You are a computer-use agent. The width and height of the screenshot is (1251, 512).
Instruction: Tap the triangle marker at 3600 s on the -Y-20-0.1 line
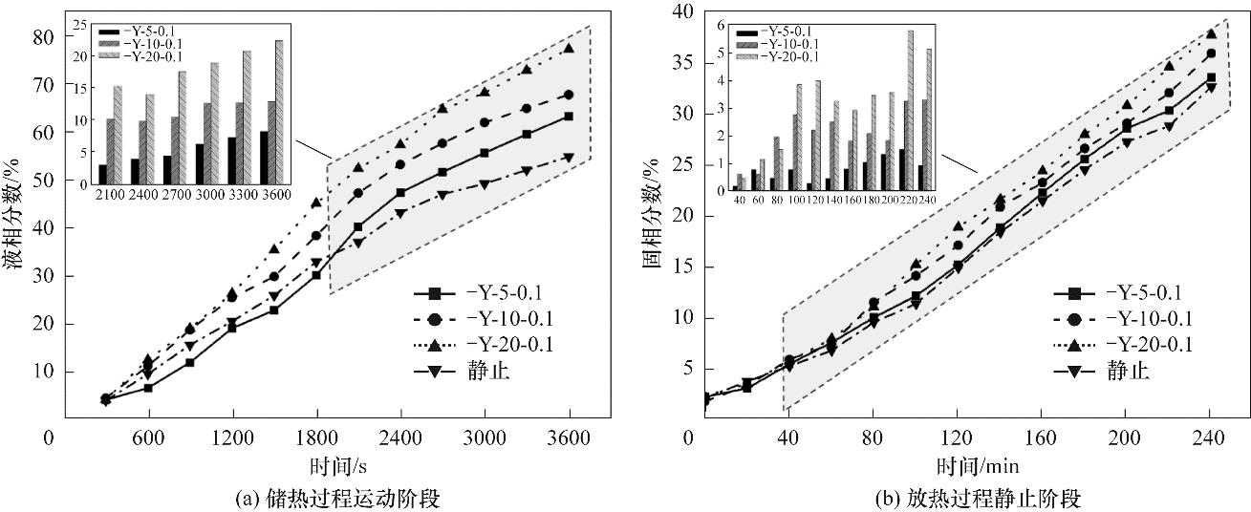pyautogui.click(x=569, y=49)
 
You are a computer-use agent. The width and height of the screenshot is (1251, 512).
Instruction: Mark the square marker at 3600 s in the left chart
pyautogui.click(x=569, y=117)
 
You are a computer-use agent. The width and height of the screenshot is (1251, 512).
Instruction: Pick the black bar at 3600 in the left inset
pyautogui.click(x=264, y=157)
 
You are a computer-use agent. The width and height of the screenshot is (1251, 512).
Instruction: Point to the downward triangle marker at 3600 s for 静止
pyautogui.click(x=569, y=158)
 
